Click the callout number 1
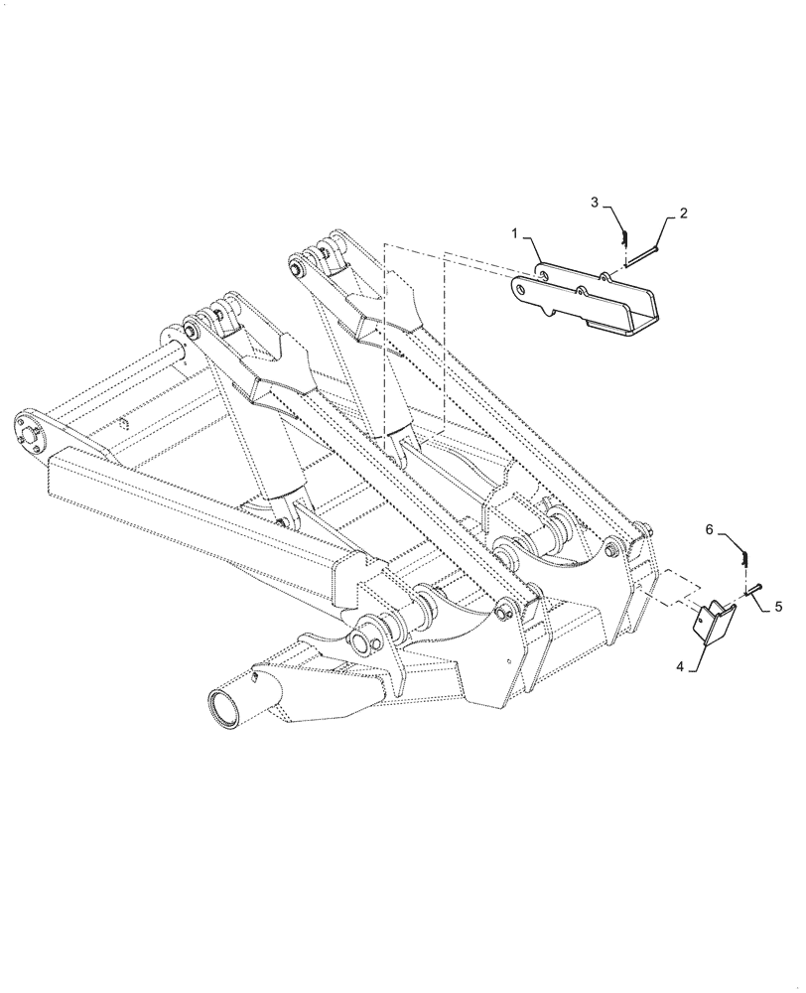click(515, 232)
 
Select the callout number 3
click(595, 203)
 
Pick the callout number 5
click(778, 604)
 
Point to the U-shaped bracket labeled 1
click(586, 298)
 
